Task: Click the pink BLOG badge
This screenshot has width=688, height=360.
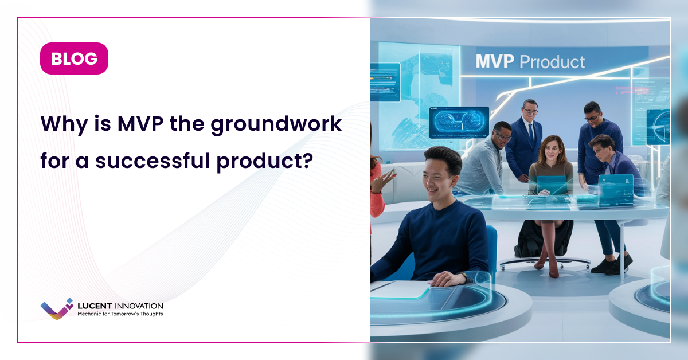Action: coord(74,58)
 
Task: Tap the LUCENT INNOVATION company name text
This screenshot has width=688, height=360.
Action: coord(120,306)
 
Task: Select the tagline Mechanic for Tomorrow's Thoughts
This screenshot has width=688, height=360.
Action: coord(120,314)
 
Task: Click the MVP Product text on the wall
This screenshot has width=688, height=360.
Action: coord(530,62)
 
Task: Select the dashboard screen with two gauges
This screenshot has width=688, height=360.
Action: coord(459,122)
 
